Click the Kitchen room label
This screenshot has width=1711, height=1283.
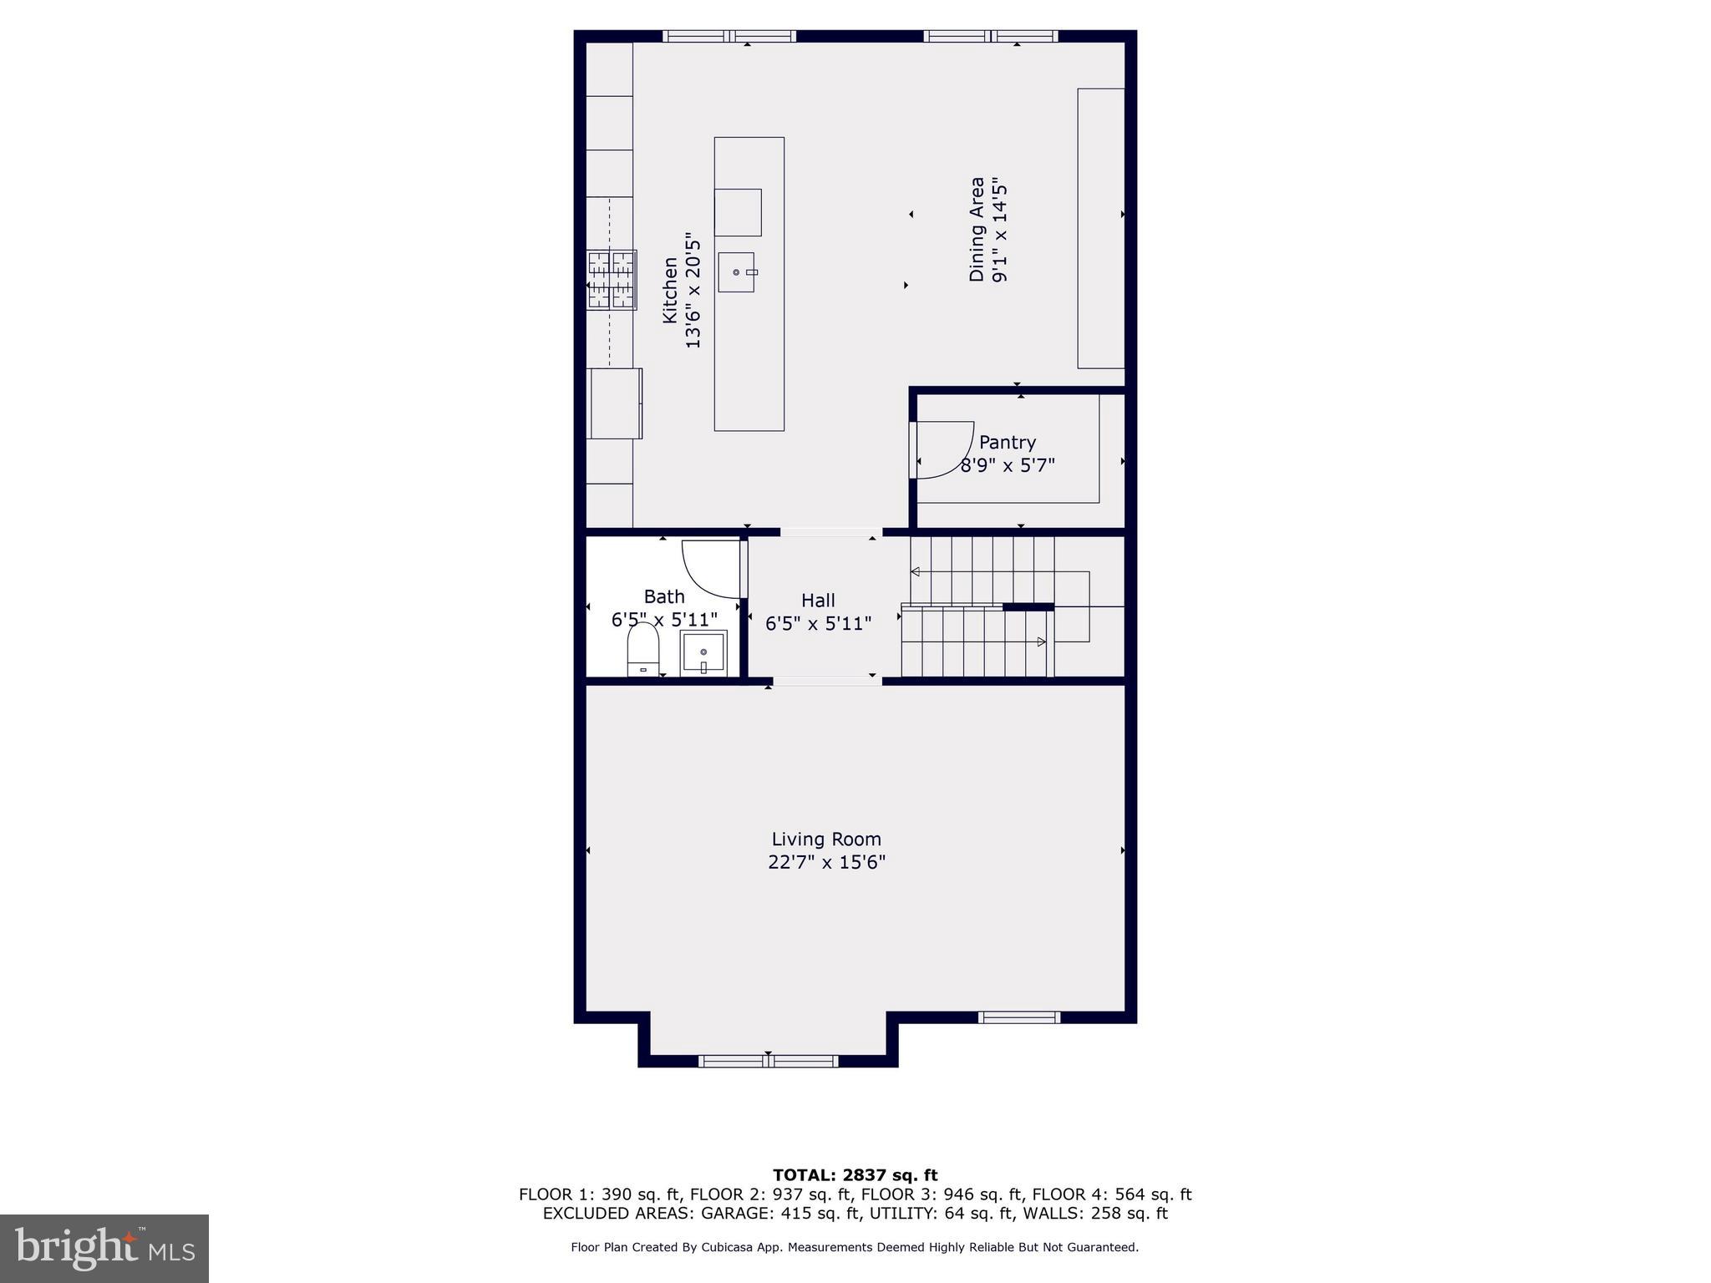coord(670,290)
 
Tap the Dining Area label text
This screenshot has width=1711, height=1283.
coord(977,229)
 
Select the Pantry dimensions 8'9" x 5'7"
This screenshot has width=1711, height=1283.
coord(1007,465)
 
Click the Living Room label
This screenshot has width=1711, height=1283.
coord(825,839)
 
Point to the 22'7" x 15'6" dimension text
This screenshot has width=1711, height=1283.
coord(826,862)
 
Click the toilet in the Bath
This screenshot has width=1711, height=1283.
coord(643,649)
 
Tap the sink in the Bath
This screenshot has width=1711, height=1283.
coord(703,652)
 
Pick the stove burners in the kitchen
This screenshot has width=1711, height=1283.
coord(612,280)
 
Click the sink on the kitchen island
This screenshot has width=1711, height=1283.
coord(736,272)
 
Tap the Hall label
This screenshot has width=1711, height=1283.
coord(818,600)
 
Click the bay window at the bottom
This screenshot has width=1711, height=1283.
coord(768,1061)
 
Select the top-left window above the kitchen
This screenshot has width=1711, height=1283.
coord(729,36)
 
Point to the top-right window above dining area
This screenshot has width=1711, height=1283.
coord(991,36)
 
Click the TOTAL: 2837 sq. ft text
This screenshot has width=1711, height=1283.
coord(855,1175)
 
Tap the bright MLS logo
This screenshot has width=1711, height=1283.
coord(104,1248)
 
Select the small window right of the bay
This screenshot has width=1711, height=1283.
coord(1019,1017)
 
